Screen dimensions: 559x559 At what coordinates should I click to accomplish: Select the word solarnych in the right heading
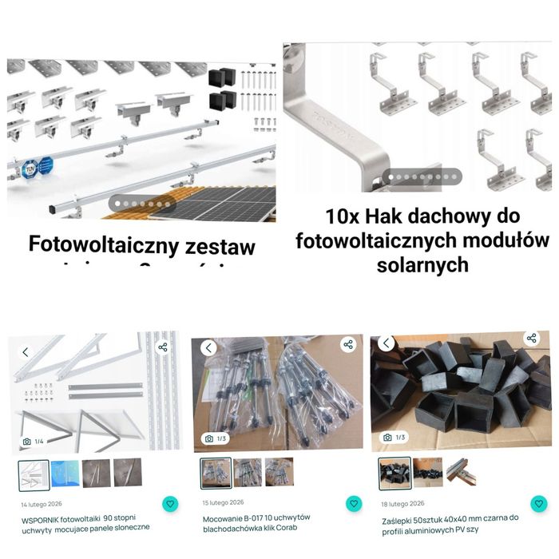(422, 264)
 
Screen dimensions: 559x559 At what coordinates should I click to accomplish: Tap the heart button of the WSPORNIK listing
(169, 504)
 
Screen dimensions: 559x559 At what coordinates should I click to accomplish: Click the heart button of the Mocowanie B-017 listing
(354, 504)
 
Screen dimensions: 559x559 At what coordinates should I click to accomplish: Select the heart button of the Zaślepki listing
(540, 504)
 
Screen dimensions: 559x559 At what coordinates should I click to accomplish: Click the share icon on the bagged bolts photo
(348, 345)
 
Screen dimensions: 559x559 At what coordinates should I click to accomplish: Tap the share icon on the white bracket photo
(163, 347)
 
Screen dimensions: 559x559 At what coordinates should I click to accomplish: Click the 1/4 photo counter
(34, 441)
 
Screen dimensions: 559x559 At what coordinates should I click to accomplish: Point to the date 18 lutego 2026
(403, 503)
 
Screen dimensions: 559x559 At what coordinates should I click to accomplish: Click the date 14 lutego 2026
(42, 504)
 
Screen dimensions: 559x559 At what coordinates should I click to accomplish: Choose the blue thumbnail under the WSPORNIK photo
(66, 474)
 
